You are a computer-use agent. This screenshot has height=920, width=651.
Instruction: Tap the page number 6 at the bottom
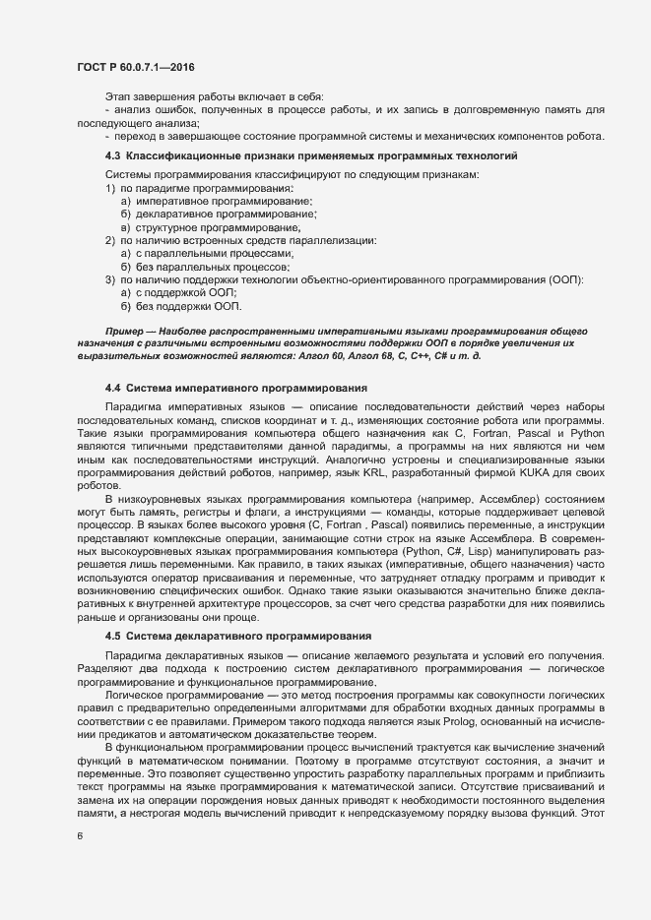click(x=79, y=837)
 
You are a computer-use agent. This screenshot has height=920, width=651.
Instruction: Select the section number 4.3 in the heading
click(x=112, y=157)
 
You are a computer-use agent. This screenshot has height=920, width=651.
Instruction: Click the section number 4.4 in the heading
click(x=112, y=389)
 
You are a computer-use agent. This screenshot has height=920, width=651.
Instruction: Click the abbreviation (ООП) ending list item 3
click(x=565, y=280)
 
